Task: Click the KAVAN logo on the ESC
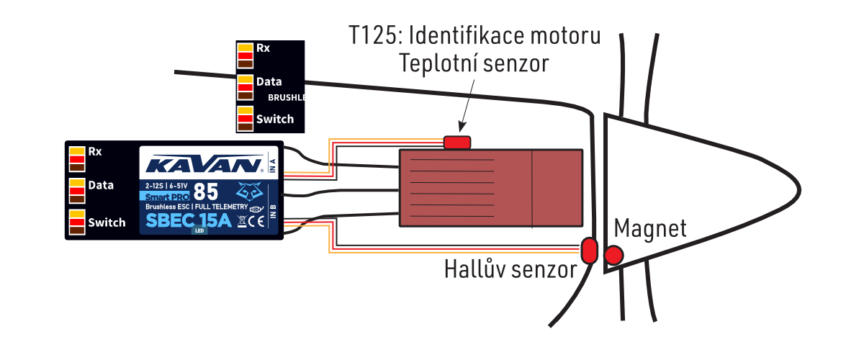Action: [203, 165]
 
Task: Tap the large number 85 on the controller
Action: [207, 192]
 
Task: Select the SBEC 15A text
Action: [188, 221]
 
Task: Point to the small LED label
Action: [199, 231]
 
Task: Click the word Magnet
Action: [649, 229]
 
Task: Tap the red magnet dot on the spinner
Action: [614, 255]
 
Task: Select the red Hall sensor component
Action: [589, 250]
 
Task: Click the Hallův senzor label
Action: [510, 270]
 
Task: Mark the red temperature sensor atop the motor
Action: [456, 143]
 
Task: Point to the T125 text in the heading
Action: [373, 36]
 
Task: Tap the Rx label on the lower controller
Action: [95, 152]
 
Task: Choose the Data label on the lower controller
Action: [101, 185]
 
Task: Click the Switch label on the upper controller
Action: [275, 119]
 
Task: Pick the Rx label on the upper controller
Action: [264, 48]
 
